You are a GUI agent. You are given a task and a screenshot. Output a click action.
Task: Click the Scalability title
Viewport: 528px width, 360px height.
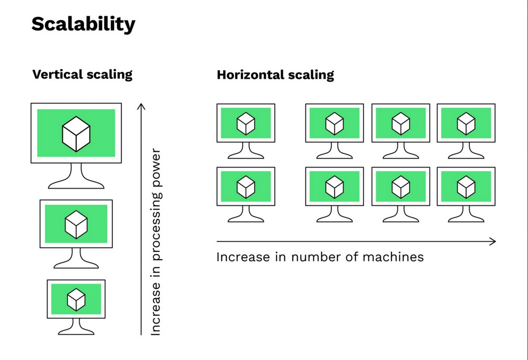[83, 24]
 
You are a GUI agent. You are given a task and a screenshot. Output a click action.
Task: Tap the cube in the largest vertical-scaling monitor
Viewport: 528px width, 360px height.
[76, 134]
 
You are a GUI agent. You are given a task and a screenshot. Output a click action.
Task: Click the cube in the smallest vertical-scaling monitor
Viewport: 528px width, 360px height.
[76, 299]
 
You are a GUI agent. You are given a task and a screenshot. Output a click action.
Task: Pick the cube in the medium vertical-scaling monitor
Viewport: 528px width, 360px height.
[76, 224]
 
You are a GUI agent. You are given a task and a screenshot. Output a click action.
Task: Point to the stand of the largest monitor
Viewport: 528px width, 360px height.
[76, 177]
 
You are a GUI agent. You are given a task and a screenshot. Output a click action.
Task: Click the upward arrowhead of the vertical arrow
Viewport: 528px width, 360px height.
[141, 106]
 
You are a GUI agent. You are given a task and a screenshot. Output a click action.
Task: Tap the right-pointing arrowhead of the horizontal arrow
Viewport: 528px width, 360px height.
[493, 241]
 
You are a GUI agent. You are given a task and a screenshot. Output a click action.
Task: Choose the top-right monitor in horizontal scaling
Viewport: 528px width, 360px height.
[466, 123]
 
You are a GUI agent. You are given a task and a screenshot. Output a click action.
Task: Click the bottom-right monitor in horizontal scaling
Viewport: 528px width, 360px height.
[466, 187]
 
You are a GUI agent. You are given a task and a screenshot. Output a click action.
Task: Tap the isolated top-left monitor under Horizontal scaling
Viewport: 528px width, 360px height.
[246, 123]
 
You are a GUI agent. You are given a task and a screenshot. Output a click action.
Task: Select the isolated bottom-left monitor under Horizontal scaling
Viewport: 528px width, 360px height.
[246, 187]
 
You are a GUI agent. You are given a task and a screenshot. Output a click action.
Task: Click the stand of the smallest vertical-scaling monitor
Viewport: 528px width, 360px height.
[76, 326]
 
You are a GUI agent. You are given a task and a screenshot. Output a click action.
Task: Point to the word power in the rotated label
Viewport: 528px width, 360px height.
[156, 170]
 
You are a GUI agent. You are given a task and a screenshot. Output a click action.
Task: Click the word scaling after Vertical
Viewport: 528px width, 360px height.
[109, 74]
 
